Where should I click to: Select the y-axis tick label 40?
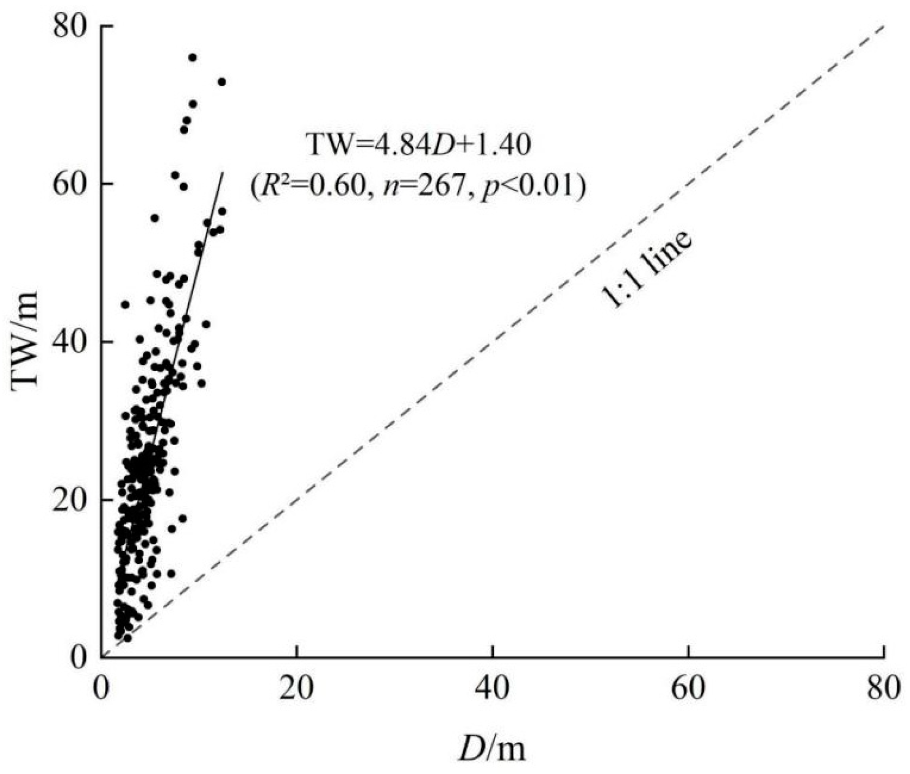[70, 342]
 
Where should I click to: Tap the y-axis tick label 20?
[70, 500]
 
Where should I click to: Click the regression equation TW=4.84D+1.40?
[418, 145]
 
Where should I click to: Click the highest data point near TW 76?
[193, 58]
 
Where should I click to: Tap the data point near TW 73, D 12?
[222, 82]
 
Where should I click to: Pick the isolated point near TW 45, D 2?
[125, 304]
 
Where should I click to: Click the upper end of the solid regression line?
[222, 173]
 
